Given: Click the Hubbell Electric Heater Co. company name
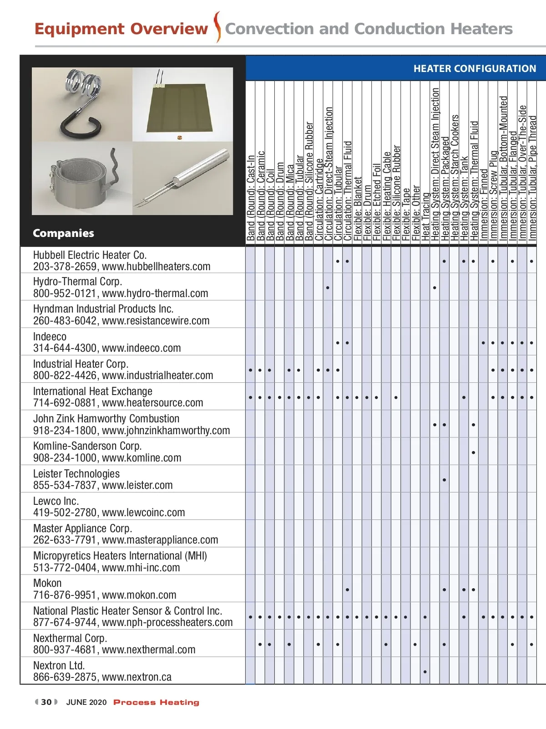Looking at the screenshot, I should tap(90, 255).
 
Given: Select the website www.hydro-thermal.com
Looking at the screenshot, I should tap(155, 293).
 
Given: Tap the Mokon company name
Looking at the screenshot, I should tap(47, 583).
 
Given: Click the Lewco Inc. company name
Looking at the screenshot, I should tap(56, 501).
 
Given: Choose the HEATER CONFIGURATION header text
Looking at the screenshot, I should tap(475, 69).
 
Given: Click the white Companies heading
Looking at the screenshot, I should tap(63, 233).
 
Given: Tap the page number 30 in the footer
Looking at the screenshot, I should tap(46, 702).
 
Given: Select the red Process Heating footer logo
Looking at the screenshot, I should tap(156, 702).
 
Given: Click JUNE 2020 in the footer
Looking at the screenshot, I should tap(86, 702).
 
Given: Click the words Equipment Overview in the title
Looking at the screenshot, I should tap(121, 29).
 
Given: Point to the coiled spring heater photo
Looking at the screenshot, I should tap(82, 104).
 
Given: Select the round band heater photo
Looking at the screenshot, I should tap(82, 179).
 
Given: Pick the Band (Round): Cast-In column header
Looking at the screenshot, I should tap(251, 198).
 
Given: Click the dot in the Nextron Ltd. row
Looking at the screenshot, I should tap(425, 672).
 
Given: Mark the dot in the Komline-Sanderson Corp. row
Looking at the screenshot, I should tap(474, 452).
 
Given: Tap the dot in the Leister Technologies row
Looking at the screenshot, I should tap(444, 480).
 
